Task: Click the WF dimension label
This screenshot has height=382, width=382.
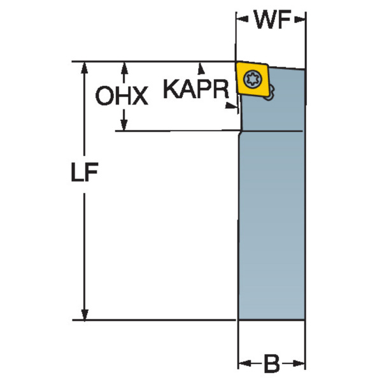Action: coord(272,20)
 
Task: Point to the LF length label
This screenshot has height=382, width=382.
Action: coord(85,175)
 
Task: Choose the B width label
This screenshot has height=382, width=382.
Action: coord(272,364)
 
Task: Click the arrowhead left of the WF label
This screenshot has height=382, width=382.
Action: coord(242,20)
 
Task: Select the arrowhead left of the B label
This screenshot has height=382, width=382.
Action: coord(243,364)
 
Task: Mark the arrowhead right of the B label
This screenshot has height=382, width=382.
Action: coord(302,364)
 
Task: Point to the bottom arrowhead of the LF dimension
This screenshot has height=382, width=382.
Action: coord(83,315)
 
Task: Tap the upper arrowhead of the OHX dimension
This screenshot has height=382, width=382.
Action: coord(125,66)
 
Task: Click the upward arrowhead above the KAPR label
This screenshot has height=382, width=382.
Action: coord(202,66)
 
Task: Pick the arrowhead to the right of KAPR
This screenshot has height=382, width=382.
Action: coord(234,108)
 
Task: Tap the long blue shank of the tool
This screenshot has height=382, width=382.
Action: coord(272,223)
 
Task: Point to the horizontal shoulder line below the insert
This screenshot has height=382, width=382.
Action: coord(271,131)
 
